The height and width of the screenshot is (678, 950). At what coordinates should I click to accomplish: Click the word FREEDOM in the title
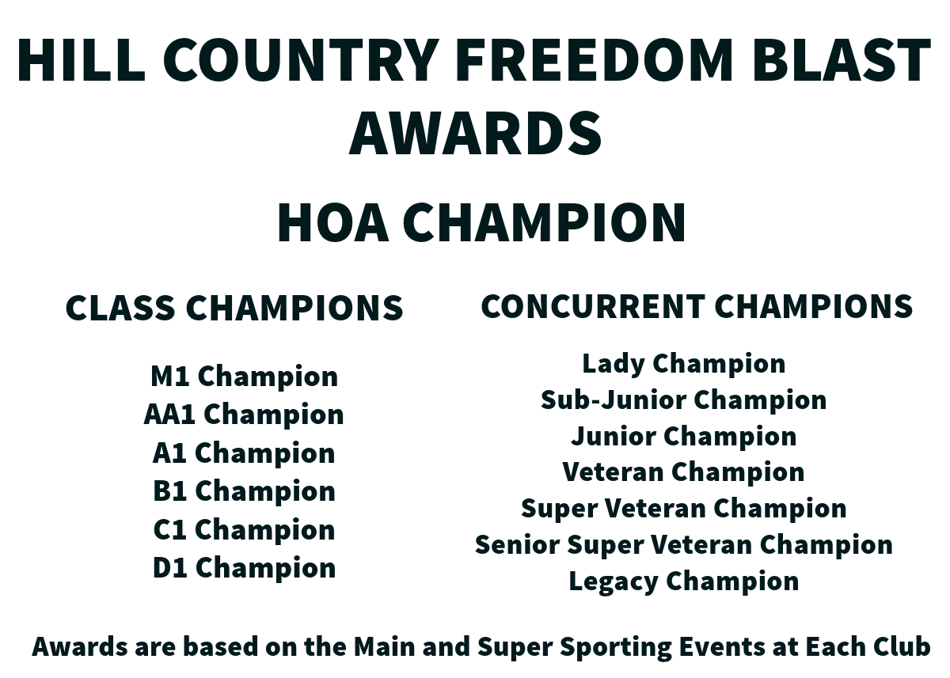coord(594,59)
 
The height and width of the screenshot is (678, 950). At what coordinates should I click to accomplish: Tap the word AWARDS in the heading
coord(475,132)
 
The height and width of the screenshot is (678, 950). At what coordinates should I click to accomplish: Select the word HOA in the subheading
coord(333,222)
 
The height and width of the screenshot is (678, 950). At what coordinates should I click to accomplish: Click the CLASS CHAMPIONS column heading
coord(234,307)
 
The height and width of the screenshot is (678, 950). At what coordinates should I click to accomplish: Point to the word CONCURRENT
coord(593,306)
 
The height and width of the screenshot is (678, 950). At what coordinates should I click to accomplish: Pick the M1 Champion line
coord(245,377)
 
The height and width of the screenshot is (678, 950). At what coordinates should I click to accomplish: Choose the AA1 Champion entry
coord(244,414)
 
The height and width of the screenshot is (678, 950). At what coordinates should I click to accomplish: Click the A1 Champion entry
coord(244,453)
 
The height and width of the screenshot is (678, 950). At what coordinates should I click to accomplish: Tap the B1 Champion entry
coord(245,491)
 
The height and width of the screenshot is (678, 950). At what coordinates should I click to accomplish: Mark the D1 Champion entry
coord(245,568)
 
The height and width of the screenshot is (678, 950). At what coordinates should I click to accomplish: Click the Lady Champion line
coord(684,364)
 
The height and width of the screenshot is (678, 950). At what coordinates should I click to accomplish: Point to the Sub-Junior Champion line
coord(684,400)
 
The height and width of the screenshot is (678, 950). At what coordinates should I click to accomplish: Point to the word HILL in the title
coord(81,59)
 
